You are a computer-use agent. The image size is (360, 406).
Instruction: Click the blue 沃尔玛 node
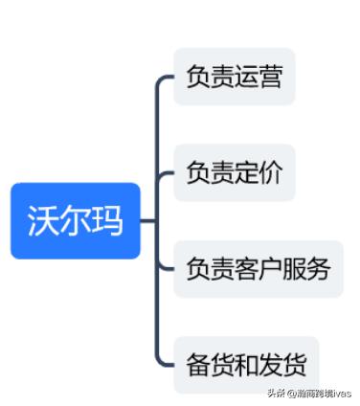pos(75,220)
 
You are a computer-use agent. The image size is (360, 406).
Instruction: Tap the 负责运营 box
pos(234,77)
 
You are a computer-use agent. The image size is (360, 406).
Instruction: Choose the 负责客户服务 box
pos(258,268)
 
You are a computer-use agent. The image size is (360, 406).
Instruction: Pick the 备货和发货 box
pos(246,365)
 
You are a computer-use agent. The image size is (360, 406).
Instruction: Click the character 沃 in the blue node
pos(43,221)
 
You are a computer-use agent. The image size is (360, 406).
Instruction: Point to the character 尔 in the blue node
pos(75,221)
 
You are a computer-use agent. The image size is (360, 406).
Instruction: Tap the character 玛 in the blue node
pos(106,221)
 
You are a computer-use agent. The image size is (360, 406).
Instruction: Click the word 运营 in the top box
pos(258,77)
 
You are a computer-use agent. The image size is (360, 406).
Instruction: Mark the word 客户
pos(258,268)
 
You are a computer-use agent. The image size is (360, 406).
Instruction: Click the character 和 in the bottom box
pos(246,365)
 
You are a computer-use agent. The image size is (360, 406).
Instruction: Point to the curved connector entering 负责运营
pos(162,82)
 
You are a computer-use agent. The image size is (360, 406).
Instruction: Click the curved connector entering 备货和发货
pos(162,359)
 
